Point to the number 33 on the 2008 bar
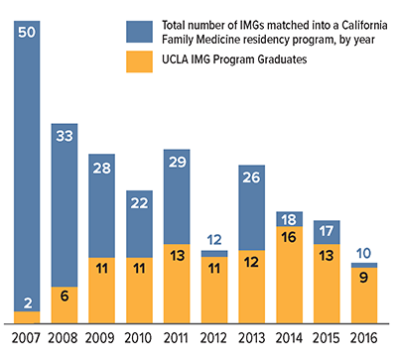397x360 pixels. tap(65, 136)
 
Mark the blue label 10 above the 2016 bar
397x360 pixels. tap(366, 253)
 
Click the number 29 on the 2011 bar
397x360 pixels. tap(179, 162)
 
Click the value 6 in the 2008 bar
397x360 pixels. tap(65, 294)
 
